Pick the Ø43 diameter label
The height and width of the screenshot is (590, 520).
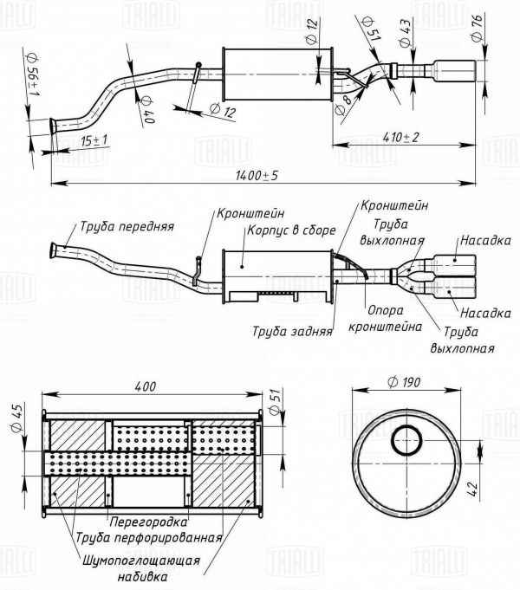click(405, 28)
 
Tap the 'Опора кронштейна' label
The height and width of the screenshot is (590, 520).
click(384, 320)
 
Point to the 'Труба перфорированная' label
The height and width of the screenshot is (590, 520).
click(148, 537)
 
